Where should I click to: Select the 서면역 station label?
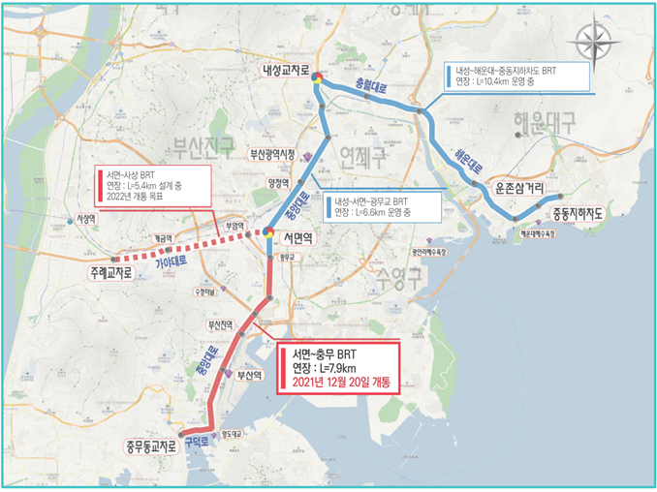point(300,236)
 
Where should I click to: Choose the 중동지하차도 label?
point(578,214)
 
